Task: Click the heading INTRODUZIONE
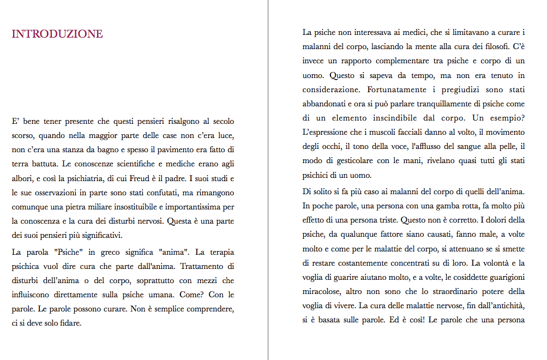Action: pos(57,34)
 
